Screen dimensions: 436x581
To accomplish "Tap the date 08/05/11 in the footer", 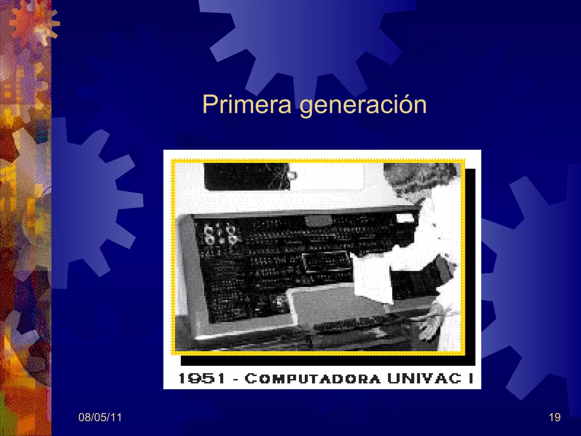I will [x=100, y=417].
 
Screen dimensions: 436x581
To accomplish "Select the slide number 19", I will [x=554, y=417].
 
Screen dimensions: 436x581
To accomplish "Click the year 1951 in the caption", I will [x=202, y=378].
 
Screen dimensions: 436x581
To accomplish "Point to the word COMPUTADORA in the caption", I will [x=312, y=379].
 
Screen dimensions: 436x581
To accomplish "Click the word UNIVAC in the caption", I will [x=424, y=378].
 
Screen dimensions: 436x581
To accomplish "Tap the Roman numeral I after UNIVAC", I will [x=471, y=378].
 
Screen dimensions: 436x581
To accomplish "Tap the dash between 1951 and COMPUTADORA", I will [x=235, y=379].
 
